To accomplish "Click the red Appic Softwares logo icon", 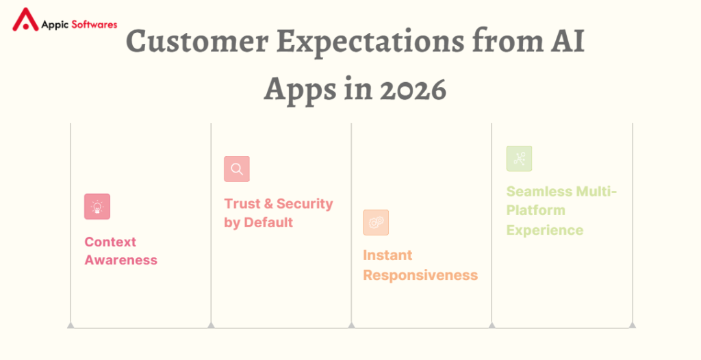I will (x=26, y=21).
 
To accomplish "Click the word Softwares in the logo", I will (x=92, y=24).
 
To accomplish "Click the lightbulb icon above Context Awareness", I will (x=97, y=207).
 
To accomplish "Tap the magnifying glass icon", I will (x=237, y=169).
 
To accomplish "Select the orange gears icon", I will (x=376, y=222).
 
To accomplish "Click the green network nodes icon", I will (x=519, y=159).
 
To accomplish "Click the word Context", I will (x=110, y=242).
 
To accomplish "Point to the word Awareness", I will (x=120, y=260).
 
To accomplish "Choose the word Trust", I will (x=242, y=204).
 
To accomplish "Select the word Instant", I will (x=387, y=255).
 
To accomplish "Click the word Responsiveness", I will (x=420, y=275).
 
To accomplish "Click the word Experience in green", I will (x=545, y=230).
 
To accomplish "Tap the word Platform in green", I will (x=536, y=210).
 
